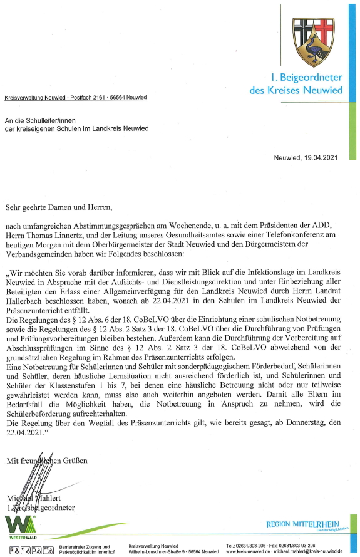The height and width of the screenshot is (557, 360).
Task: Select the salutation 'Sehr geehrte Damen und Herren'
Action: (x=61, y=204)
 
